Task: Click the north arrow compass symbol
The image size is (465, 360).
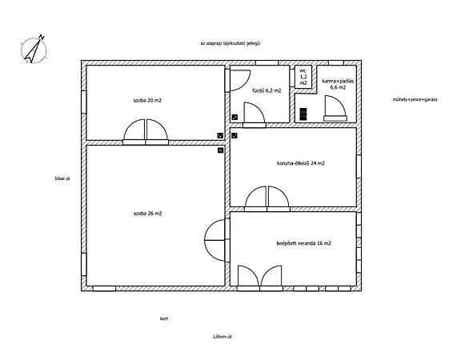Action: (x=34, y=50)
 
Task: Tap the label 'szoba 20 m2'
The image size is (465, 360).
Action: (x=147, y=100)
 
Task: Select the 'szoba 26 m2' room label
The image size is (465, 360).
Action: (x=148, y=214)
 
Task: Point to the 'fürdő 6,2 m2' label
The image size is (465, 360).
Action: (x=267, y=90)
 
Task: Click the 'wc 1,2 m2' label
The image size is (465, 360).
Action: (x=303, y=77)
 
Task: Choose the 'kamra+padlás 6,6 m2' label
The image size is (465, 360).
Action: (x=338, y=84)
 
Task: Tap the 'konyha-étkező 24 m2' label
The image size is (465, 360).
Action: (x=300, y=163)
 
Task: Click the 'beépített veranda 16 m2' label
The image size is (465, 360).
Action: (x=303, y=243)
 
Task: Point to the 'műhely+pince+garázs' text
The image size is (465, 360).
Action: (x=415, y=99)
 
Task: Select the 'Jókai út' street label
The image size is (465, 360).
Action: (x=62, y=178)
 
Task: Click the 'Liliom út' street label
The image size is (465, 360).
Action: (x=222, y=337)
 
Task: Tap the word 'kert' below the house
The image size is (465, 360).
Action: (x=164, y=318)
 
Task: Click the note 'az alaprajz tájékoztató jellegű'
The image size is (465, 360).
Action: (x=230, y=43)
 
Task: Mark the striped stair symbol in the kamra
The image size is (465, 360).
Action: (x=303, y=114)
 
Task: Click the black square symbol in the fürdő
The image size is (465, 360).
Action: (x=235, y=117)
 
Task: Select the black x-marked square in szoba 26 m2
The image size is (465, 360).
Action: (x=220, y=150)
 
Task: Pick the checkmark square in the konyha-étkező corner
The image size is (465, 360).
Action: (x=235, y=136)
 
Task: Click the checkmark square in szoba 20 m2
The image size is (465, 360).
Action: (x=220, y=136)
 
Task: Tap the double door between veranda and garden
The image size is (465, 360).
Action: (x=260, y=278)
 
